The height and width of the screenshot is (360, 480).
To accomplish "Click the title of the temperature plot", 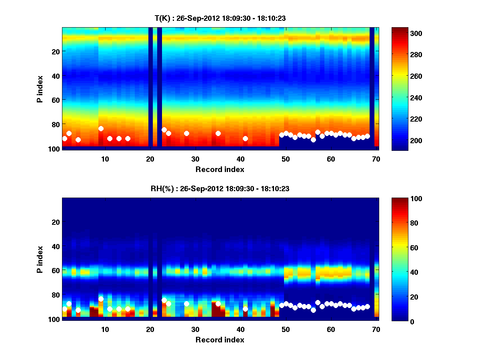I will pos(220,18).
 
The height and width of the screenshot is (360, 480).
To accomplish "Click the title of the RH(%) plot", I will pos(220,188).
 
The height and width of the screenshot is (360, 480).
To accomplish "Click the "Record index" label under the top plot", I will pos(220,170).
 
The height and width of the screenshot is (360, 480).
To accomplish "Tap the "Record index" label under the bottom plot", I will pos(220,340).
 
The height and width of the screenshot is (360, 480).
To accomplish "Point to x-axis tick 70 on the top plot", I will pos(376,159).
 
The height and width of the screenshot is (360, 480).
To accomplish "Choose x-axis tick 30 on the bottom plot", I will pos(195,329).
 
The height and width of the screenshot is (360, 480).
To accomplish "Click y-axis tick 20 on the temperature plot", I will pos(55,51).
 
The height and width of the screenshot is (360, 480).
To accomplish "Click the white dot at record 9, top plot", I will pos(101,128).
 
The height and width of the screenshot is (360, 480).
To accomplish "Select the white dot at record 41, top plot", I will pos(245,138).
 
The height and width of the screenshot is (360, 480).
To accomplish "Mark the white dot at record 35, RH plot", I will pos(218,304).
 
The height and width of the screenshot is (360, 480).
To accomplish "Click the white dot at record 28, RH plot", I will pos(186,304).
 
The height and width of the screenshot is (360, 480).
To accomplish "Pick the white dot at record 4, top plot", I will pos(78,140).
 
